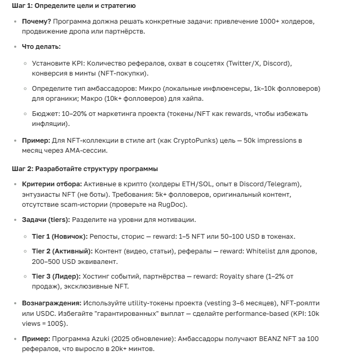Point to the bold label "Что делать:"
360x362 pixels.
click(x=41, y=47)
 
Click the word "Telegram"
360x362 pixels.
click(x=283, y=184)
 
